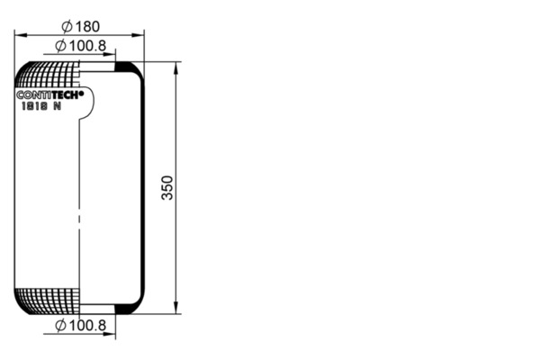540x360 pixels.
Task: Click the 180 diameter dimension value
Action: (87, 26)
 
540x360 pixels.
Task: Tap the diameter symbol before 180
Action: (67, 26)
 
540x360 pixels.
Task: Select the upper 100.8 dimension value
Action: (88, 46)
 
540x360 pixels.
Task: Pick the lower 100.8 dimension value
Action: (88, 326)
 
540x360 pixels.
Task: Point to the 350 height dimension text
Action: (167, 188)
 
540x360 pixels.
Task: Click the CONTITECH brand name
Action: (49, 94)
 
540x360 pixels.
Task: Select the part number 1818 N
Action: (41, 106)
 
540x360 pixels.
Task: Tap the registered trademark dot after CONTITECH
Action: (82, 93)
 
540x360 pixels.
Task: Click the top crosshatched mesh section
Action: (48, 75)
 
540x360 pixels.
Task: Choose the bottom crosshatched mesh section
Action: (48, 301)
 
